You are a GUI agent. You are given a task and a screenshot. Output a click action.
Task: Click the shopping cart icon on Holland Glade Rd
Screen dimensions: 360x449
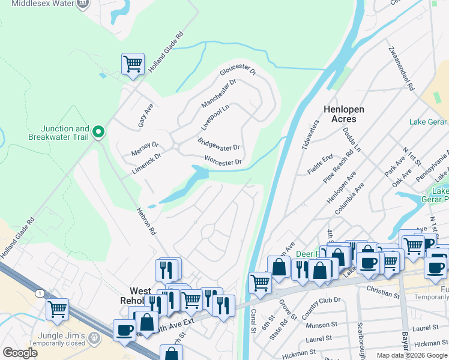click(x=133, y=64)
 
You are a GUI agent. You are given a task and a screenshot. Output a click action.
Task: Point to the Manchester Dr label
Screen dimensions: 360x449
click(x=218, y=92)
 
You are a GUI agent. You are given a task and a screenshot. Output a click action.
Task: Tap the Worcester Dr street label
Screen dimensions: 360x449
click(x=223, y=161)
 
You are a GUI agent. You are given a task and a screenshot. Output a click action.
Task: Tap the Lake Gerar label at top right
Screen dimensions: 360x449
click(x=428, y=122)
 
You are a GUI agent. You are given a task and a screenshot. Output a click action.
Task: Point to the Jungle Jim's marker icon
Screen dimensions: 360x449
click(x=94, y=338)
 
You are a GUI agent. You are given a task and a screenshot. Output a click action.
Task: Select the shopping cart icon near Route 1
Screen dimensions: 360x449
click(x=57, y=309)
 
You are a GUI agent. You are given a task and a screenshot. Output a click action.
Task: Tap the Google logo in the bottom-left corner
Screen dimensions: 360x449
click(x=20, y=353)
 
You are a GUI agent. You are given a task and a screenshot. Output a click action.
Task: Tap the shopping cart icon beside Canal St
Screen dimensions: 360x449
click(x=259, y=281)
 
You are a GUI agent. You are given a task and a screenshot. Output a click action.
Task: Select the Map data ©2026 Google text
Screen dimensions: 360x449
click(x=412, y=355)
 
